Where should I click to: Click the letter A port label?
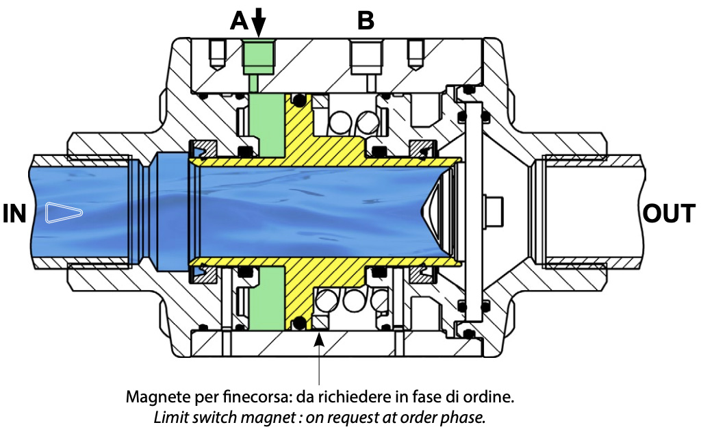point(239,21)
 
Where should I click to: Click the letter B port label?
point(366,21)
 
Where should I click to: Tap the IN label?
point(14,214)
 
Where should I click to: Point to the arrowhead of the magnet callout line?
point(319,337)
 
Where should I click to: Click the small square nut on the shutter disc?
point(491,206)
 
